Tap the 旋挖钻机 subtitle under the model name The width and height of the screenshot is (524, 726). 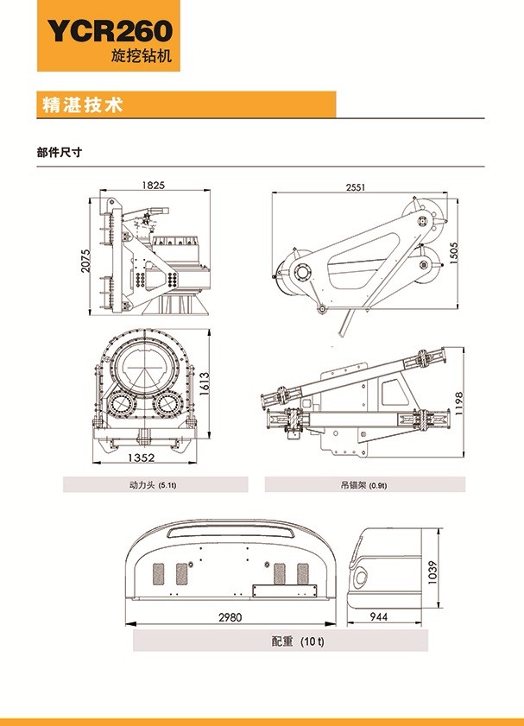pos(142,57)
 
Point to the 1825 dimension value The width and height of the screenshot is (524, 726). pos(152,185)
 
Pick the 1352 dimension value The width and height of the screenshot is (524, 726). pos(142,458)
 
